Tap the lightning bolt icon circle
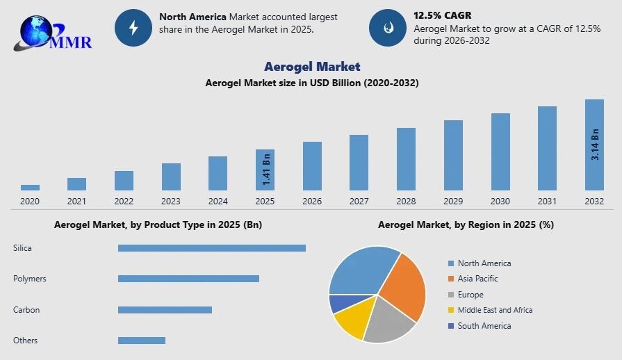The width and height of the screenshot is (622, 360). click(x=133, y=28)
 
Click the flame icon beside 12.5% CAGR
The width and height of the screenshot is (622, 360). click(x=387, y=28)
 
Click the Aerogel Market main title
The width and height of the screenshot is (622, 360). click(x=312, y=66)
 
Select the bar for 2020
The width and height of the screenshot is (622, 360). click(x=30, y=187)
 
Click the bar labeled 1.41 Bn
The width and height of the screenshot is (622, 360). click(x=265, y=170)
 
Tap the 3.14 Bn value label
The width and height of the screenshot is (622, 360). click(x=595, y=145)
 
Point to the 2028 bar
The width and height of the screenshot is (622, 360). click(x=406, y=158)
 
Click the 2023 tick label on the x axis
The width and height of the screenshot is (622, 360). click(x=171, y=202)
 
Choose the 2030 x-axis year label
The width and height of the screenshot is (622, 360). click(x=500, y=202)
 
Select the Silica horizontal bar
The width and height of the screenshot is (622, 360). click(x=211, y=248)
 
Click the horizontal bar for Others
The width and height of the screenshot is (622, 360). click(x=142, y=341)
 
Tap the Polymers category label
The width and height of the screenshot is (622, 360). click(x=30, y=279)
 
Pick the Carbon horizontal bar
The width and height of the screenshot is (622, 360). click(x=165, y=310)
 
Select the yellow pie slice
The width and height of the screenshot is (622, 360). click(x=350, y=321)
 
